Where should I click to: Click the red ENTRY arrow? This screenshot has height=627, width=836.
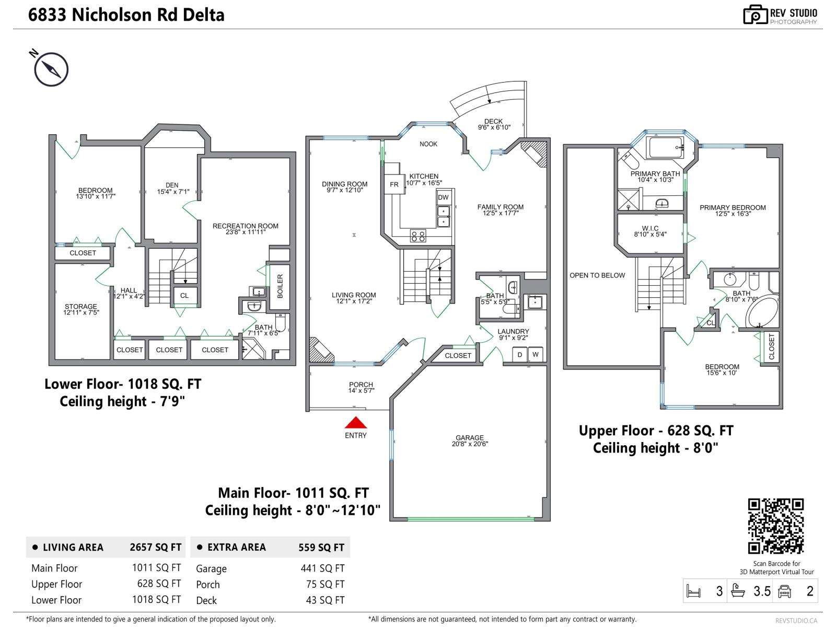[355, 423]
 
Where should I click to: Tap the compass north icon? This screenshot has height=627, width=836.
[51, 69]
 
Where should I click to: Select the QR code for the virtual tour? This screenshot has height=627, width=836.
[776, 526]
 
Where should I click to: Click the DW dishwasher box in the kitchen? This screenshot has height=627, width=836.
[443, 197]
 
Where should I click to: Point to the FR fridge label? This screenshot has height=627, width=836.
[394, 184]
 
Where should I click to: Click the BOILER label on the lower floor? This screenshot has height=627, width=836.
[280, 286]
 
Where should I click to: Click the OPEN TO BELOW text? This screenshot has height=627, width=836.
[597, 275]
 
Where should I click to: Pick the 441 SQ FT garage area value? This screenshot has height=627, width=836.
[322, 568]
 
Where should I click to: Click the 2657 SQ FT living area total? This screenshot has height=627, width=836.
[155, 547]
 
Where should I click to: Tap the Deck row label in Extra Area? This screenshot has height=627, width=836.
[206, 600]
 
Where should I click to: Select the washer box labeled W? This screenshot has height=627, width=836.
[535, 355]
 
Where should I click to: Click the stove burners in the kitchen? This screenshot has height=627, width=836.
[417, 236]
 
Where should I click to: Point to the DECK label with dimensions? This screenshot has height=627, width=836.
[493, 124]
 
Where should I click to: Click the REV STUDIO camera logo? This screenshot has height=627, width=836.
[755, 15]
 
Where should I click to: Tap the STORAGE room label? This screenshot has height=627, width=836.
[81, 309]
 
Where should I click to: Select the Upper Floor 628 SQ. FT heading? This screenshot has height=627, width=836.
[656, 431]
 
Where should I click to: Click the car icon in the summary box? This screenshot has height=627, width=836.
[784, 591]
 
